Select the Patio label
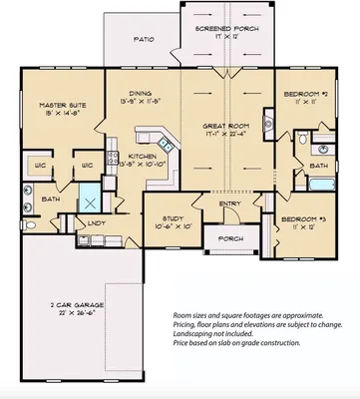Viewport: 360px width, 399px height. point(146,41)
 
